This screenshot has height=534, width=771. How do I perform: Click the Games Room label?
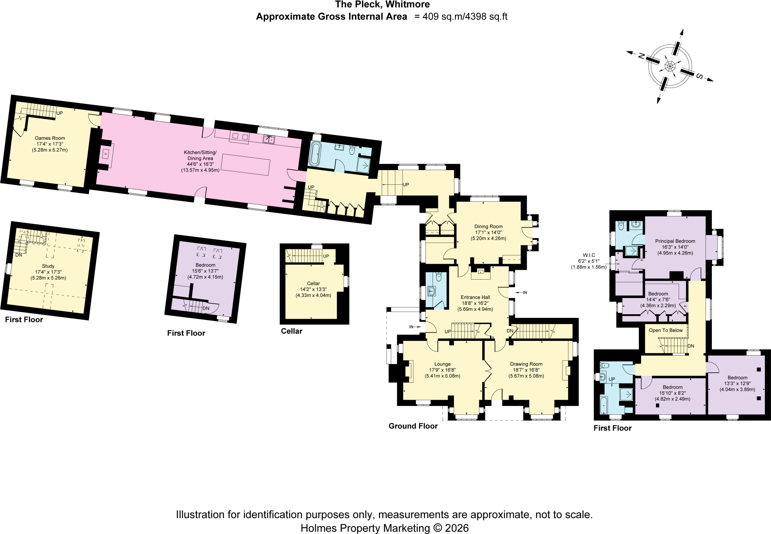click(50, 138)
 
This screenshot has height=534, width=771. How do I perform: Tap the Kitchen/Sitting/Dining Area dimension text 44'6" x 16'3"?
click(200, 164)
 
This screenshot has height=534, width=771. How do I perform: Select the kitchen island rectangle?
click(245, 164)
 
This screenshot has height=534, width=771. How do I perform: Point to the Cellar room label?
click(313, 283)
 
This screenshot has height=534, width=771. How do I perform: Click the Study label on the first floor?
click(48, 266)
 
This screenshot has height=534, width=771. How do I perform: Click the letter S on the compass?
click(699, 76)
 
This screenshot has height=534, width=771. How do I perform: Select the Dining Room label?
click(488, 227)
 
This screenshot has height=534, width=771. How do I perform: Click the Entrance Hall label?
click(475, 297)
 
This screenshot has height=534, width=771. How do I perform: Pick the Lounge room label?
click(442, 364)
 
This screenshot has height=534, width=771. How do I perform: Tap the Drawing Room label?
click(526, 364)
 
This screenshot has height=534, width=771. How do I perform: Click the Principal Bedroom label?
click(675, 241)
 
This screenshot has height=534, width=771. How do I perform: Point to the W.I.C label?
click(589, 255)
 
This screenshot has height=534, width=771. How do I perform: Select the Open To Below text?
click(666, 330)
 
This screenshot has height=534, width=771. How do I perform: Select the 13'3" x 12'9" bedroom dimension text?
click(737, 383)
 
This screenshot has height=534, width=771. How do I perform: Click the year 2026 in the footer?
click(457, 528)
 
